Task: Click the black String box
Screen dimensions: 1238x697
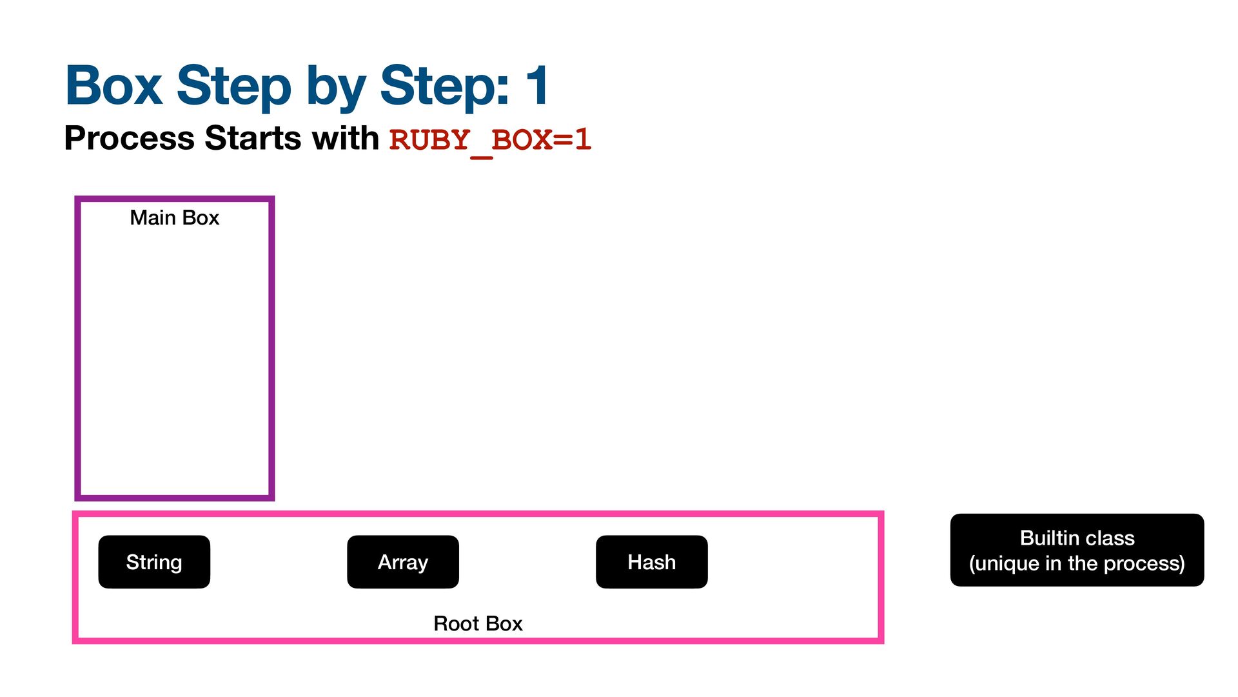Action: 154,561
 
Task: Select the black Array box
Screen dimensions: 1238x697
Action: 403,561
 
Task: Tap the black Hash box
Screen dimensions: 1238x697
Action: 652,561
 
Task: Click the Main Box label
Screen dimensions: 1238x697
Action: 175,217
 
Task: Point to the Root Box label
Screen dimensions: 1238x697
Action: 478,623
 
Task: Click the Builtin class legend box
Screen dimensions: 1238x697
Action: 1077,550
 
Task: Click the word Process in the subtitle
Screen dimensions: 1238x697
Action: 129,138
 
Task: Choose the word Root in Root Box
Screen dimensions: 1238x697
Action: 457,623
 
